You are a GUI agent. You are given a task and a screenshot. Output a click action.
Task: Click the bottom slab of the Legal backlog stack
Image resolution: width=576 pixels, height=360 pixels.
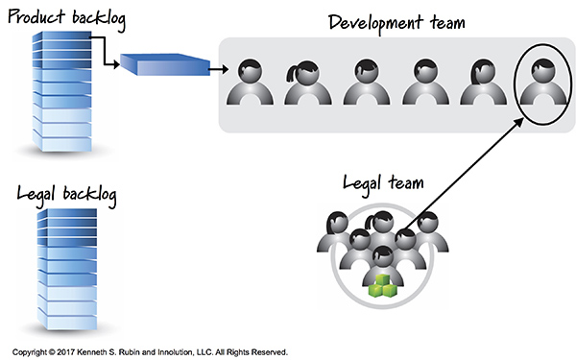(63, 313)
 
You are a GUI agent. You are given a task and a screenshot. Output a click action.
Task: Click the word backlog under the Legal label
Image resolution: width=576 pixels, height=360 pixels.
(87, 195)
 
